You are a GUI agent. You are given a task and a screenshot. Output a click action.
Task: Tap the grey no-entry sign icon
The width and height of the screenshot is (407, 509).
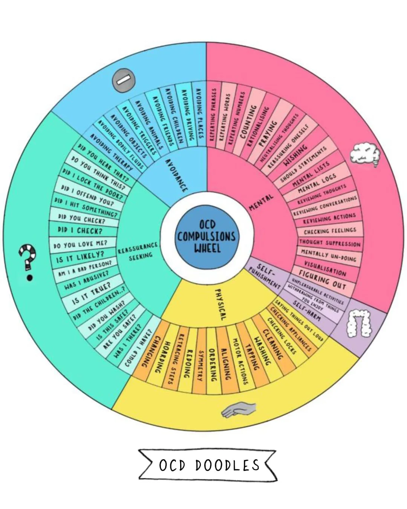coord(123,80)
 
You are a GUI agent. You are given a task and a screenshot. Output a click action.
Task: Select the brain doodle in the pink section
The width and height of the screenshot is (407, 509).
coord(364,154)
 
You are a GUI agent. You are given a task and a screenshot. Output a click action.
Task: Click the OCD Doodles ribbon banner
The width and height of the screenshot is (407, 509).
coord(208,465)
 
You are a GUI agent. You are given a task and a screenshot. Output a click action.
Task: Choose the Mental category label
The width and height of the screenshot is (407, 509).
coord(261,202)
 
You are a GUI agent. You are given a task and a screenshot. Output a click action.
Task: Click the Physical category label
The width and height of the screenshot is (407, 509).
coord(220,304)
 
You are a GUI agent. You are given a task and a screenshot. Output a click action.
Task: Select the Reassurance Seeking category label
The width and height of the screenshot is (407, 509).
coord(137,251)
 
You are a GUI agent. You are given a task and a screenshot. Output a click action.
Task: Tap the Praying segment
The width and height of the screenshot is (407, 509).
coord(268,133)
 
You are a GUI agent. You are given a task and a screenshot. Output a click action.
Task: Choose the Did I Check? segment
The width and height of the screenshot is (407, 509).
coord(80,230)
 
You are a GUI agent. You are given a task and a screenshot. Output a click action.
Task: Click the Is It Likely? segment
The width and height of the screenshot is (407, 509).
coord(80,257)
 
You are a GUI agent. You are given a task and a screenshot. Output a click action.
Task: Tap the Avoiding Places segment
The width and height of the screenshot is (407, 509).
coord(199,113)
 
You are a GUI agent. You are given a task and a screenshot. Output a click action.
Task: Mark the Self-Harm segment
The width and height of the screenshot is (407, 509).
coord(307,310)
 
